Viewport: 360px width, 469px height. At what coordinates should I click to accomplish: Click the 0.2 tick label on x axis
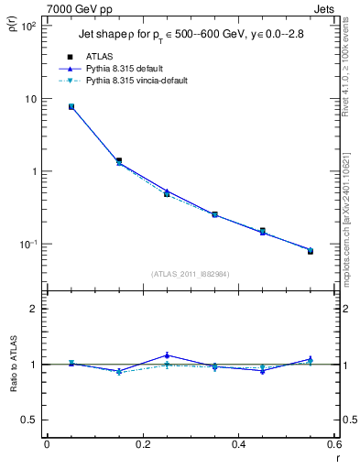pyautogui.click(x=142, y=445)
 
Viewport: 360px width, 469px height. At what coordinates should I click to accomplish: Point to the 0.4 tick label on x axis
pyautogui.click(x=238, y=445)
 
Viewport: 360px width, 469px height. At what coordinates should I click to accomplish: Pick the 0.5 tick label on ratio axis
pyautogui.click(x=29, y=420)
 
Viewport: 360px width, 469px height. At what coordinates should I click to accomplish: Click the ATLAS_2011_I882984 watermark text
pyautogui.click(x=189, y=274)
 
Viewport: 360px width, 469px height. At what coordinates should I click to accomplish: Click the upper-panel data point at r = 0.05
pyautogui.click(x=71, y=107)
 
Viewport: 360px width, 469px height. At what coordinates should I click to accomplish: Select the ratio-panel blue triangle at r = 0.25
pyautogui.click(x=167, y=355)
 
